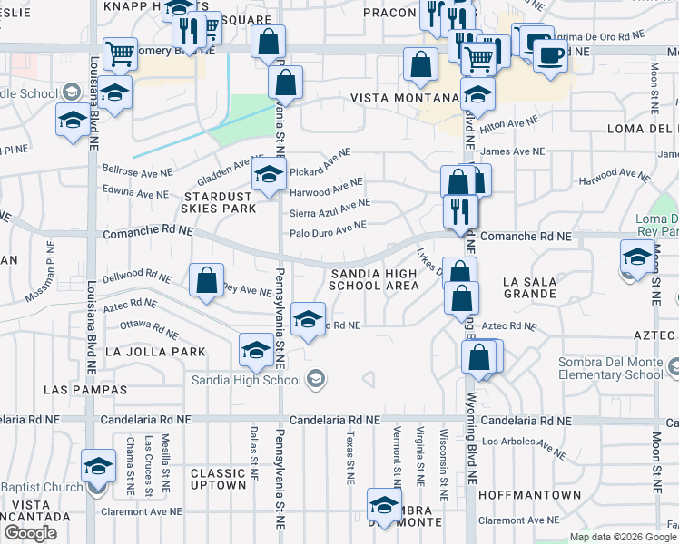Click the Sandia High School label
point(248,380)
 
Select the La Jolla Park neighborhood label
point(155,351)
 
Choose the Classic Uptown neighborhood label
point(218,479)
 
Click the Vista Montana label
point(400,97)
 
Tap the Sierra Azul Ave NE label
point(330,209)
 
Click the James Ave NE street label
point(513,151)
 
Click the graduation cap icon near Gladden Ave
point(268,178)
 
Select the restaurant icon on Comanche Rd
point(460,210)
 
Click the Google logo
point(31,533)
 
